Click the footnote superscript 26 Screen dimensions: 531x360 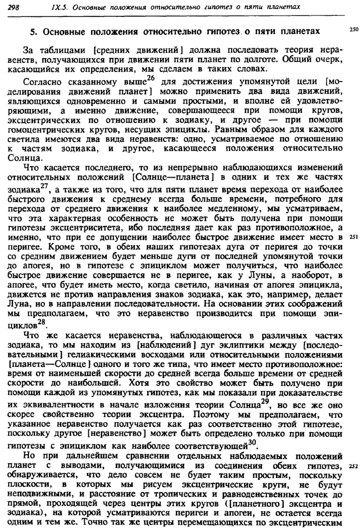pyautogui.click(x=152, y=78)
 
